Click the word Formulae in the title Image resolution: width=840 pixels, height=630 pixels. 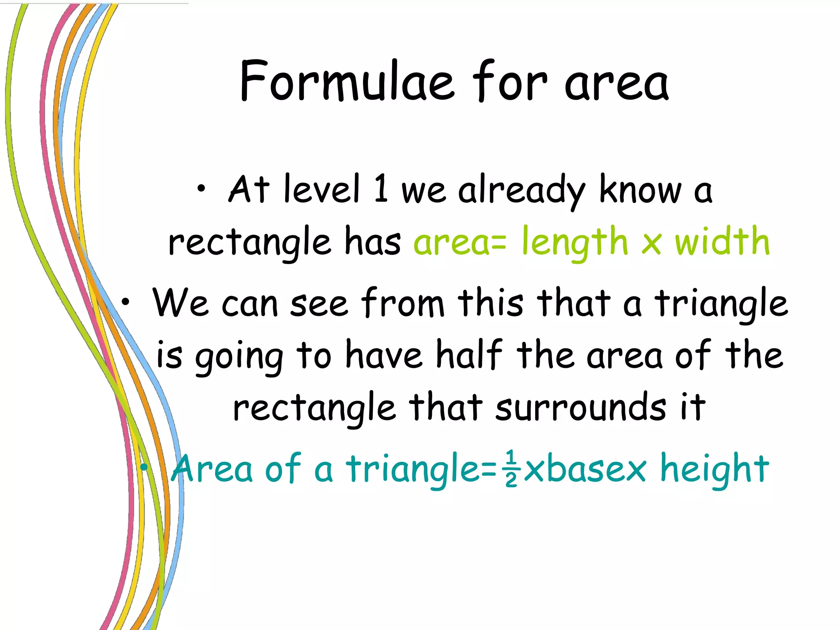click(347, 81)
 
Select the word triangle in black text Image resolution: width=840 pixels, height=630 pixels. click(721, 304)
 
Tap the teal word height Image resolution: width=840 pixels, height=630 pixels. click(714, 469)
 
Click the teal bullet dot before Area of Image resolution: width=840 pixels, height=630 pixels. click(144, 467)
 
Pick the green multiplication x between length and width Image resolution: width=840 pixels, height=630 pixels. click(651, 243)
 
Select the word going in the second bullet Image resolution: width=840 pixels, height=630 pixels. click(239, 356)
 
